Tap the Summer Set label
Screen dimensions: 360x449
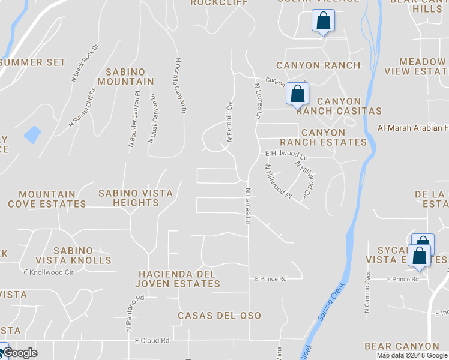pyautogui.click(x=33, y=62)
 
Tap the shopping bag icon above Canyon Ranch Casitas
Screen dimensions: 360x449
pyautogui.click(x=297, y=94)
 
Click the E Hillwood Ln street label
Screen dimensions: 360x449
pyautogui.click(x=286, y=154)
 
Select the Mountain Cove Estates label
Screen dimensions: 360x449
pyautogui.click(x=47, y=199)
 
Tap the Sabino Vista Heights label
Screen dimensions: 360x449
pyautogui.click(x=136, y=198)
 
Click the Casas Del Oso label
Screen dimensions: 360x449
pyautogui.click(x=220, y=316)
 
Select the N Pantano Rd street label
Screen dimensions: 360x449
pyautogui.click(x=135, y=313)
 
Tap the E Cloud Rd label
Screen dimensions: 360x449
pyautogui.click(x=152, y=340)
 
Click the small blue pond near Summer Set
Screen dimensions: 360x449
pyautogui.click(x=32, y=134)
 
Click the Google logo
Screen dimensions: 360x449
pyautogui.click(x=20, y=353)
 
